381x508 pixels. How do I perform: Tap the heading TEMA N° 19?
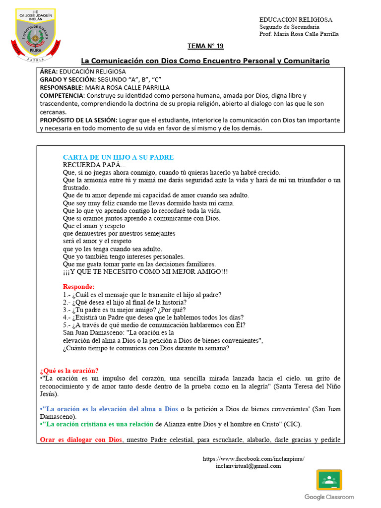pos(205,46)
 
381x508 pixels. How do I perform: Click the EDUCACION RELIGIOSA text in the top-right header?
pos(296,19)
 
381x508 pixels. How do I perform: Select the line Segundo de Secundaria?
pos(289,27)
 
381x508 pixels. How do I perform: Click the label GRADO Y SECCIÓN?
pos(67,79)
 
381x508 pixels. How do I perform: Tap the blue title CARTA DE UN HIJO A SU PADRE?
pos(118,157)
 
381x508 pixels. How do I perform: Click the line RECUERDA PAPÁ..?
pos(94,165)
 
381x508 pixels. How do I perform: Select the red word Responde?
pos(78,287)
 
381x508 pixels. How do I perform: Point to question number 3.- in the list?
pos(68,310)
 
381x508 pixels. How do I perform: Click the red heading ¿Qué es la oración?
pos(68,371)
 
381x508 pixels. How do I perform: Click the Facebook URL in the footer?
pos(254,459)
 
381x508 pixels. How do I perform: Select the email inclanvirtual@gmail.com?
pos(248,466)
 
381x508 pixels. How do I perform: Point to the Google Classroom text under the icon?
pos(329,497)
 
